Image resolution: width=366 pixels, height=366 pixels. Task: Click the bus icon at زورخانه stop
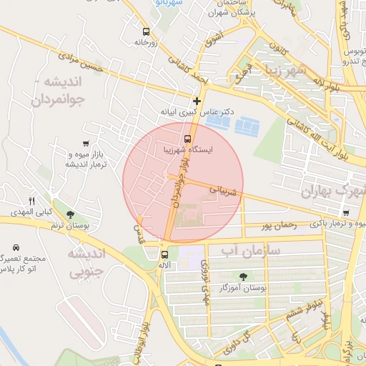pyautogui.click(x=146, y=31)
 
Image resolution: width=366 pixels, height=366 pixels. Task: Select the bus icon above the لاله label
pyautogui.click(x=164, y=254)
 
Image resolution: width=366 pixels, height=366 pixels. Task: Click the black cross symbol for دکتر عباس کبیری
pyautogui.click(x=197, y=101)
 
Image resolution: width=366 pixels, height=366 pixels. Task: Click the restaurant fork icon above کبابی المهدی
pyautogui.click(x=31, y=201)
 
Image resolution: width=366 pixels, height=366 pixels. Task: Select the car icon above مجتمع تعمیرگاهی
pyautogui.click(x=15, y=247)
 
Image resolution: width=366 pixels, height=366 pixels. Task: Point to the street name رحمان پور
pyautogui.click(x=279, y=225)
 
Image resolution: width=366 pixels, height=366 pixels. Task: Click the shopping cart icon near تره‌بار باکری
pyautogui.click(x=346, y=212)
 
